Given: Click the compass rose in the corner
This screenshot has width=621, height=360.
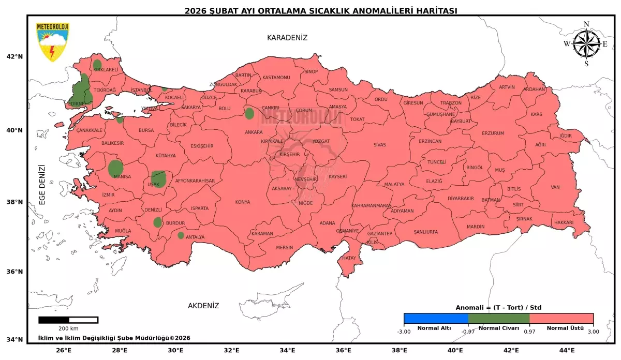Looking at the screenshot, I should [x=586, y=44].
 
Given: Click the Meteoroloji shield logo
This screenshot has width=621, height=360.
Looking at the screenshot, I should [x=52, y=42].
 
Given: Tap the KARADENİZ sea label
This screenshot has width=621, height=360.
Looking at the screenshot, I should [x=287, y=38].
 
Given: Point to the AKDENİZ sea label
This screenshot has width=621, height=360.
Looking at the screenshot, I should [x=203, y=306].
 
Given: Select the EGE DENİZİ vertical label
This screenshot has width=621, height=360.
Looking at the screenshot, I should [x=42, y=185].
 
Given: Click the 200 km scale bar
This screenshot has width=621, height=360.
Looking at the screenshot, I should [x=68, y=320].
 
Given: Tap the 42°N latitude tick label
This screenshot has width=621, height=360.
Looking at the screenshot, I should [x=15, y=57].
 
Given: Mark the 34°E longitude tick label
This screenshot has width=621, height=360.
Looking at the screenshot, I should [x=288, y=350].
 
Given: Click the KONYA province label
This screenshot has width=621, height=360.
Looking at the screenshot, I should [x=242, y=202].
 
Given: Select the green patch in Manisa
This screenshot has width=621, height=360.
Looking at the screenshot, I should [x=116, y=169].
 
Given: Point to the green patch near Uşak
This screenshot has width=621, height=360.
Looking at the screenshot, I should [x=158, y=178].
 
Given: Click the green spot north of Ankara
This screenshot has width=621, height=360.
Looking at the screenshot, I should [x=249, y=113].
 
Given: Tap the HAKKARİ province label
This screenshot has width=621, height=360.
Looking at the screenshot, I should [x=564, y=222].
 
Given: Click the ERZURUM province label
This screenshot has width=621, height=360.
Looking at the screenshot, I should [x=493, y=133].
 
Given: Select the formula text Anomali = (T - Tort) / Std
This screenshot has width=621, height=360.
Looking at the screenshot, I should [x=498, y=307].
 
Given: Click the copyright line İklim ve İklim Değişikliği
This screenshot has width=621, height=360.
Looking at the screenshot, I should [x=114, y=338].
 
